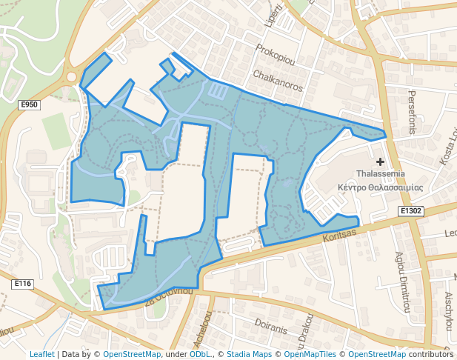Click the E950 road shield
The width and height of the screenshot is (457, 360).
(29, 105)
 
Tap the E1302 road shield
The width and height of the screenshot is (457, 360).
(411, 211)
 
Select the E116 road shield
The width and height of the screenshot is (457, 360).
(23, 284)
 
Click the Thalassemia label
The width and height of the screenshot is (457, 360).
(380, 174)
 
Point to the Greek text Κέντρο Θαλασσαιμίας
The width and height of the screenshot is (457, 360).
(380, 187)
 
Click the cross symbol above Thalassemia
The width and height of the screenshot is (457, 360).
(381, 161)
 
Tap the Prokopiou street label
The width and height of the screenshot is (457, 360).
(275, 57)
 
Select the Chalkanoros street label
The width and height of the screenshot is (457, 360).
(278, 81)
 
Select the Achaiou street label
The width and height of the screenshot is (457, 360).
(198, 337)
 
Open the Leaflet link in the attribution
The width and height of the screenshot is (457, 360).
(42, 354)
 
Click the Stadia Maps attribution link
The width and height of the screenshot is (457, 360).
(249, 354)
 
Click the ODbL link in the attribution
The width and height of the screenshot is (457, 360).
(201, 354)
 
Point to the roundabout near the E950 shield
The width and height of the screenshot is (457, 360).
(73, 76)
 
